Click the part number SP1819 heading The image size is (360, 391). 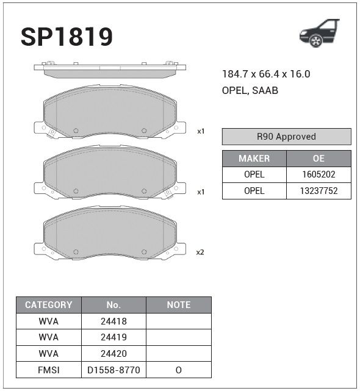67,37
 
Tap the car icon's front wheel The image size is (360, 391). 315,41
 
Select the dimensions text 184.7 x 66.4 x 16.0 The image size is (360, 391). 266,74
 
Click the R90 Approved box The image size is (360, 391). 286,137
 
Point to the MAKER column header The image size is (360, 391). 254,159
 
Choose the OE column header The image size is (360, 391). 319,159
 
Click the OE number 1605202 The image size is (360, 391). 319,174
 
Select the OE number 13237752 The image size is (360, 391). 319,191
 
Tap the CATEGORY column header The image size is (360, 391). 49,305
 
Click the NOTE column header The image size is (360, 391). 179,305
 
